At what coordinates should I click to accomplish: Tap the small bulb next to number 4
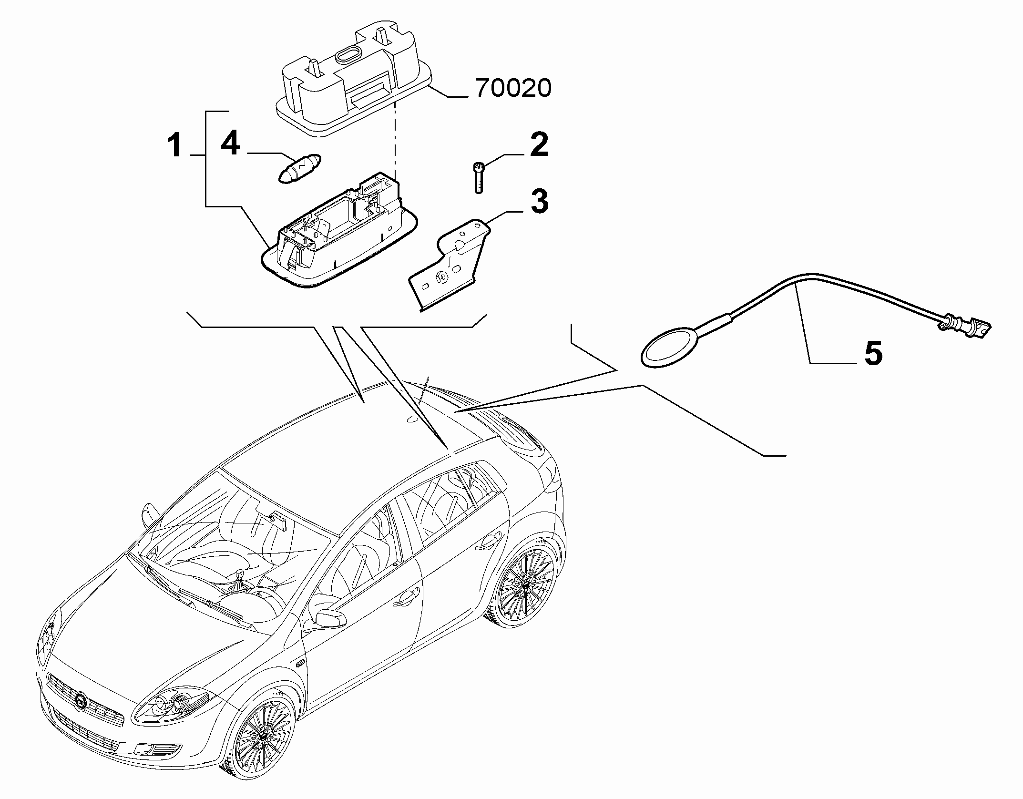tap(300, 169)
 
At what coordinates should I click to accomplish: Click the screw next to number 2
tap(478, 177)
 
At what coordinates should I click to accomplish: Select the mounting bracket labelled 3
tap(448, 264)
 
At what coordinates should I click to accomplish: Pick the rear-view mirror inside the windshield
tap(278, 522)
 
